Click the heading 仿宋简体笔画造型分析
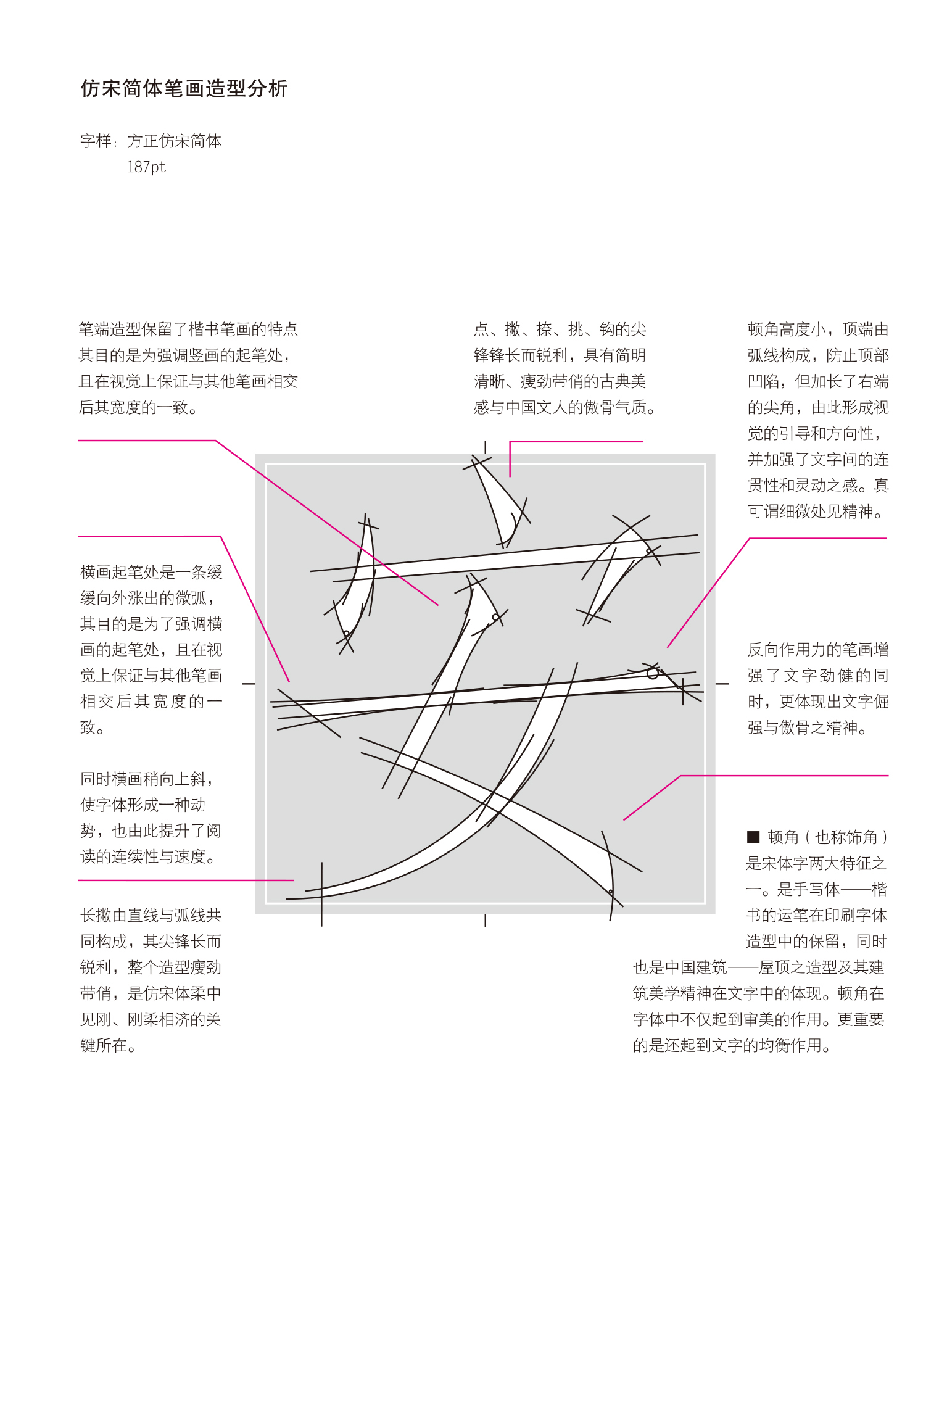184,89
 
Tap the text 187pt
146,167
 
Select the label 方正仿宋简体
174,141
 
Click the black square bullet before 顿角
753,837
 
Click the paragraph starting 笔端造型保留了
188,368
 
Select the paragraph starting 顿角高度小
817,420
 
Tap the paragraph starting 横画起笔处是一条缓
151,649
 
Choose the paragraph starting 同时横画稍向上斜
150,818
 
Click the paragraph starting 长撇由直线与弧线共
151,980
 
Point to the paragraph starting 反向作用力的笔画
817,688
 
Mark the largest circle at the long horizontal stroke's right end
653,673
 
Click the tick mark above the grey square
486,447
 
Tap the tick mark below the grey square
486,921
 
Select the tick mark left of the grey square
249,684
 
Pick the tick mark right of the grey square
722,684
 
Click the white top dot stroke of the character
497,500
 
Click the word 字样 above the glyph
96,141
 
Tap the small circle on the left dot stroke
347,634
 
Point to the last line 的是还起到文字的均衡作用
732,1045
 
